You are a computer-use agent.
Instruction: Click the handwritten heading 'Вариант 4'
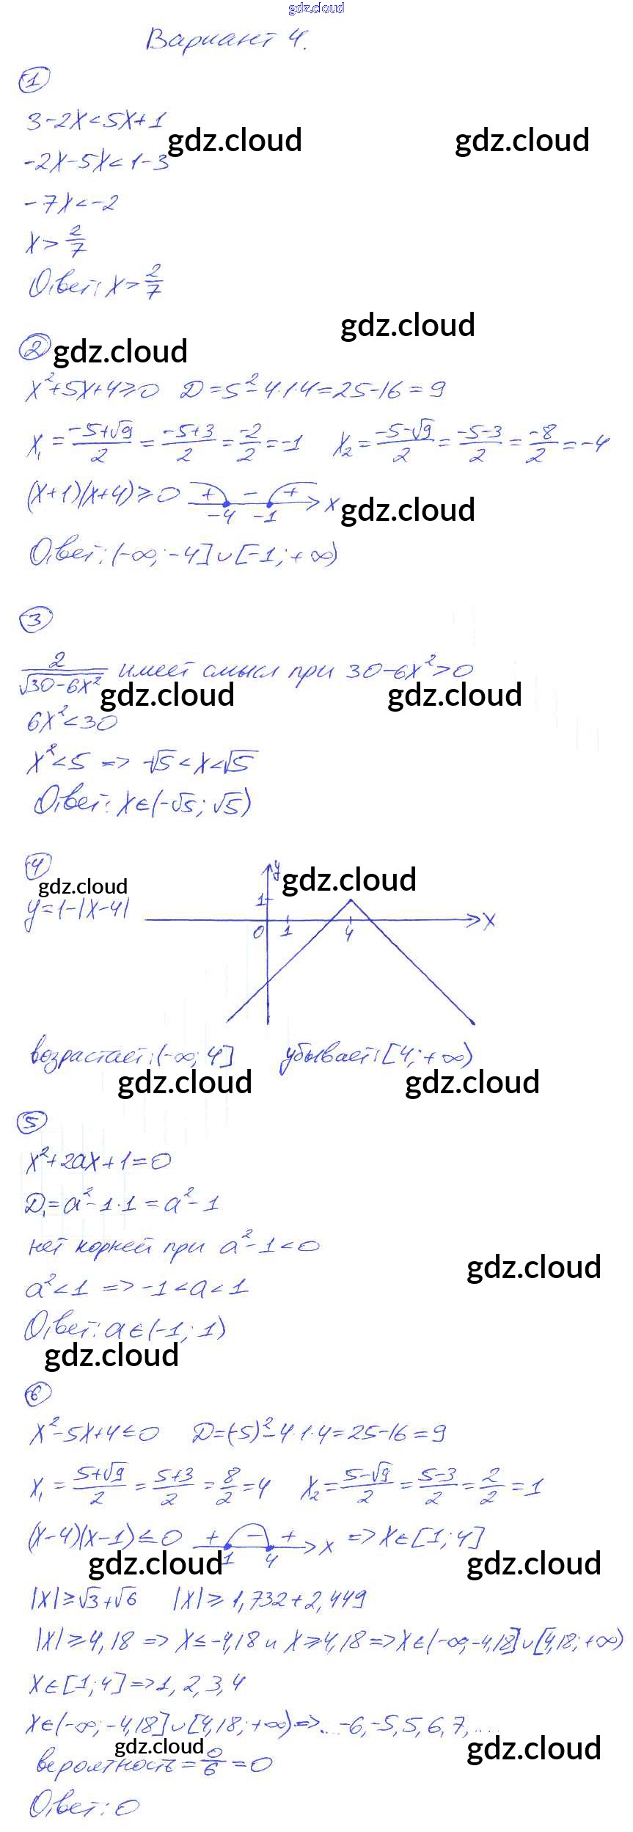pos(225,39)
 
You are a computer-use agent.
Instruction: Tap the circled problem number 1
pos(34,79)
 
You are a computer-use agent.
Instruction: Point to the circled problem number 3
pos(35,621)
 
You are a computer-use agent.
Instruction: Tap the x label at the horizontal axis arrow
pos(489,920)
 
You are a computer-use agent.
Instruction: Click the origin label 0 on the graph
pos(257,933)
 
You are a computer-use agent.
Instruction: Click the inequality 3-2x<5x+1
pos(96,120)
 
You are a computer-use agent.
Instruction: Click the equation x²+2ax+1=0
pos(98,1161)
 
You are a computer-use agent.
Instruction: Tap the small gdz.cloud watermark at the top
pos(316,8)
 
